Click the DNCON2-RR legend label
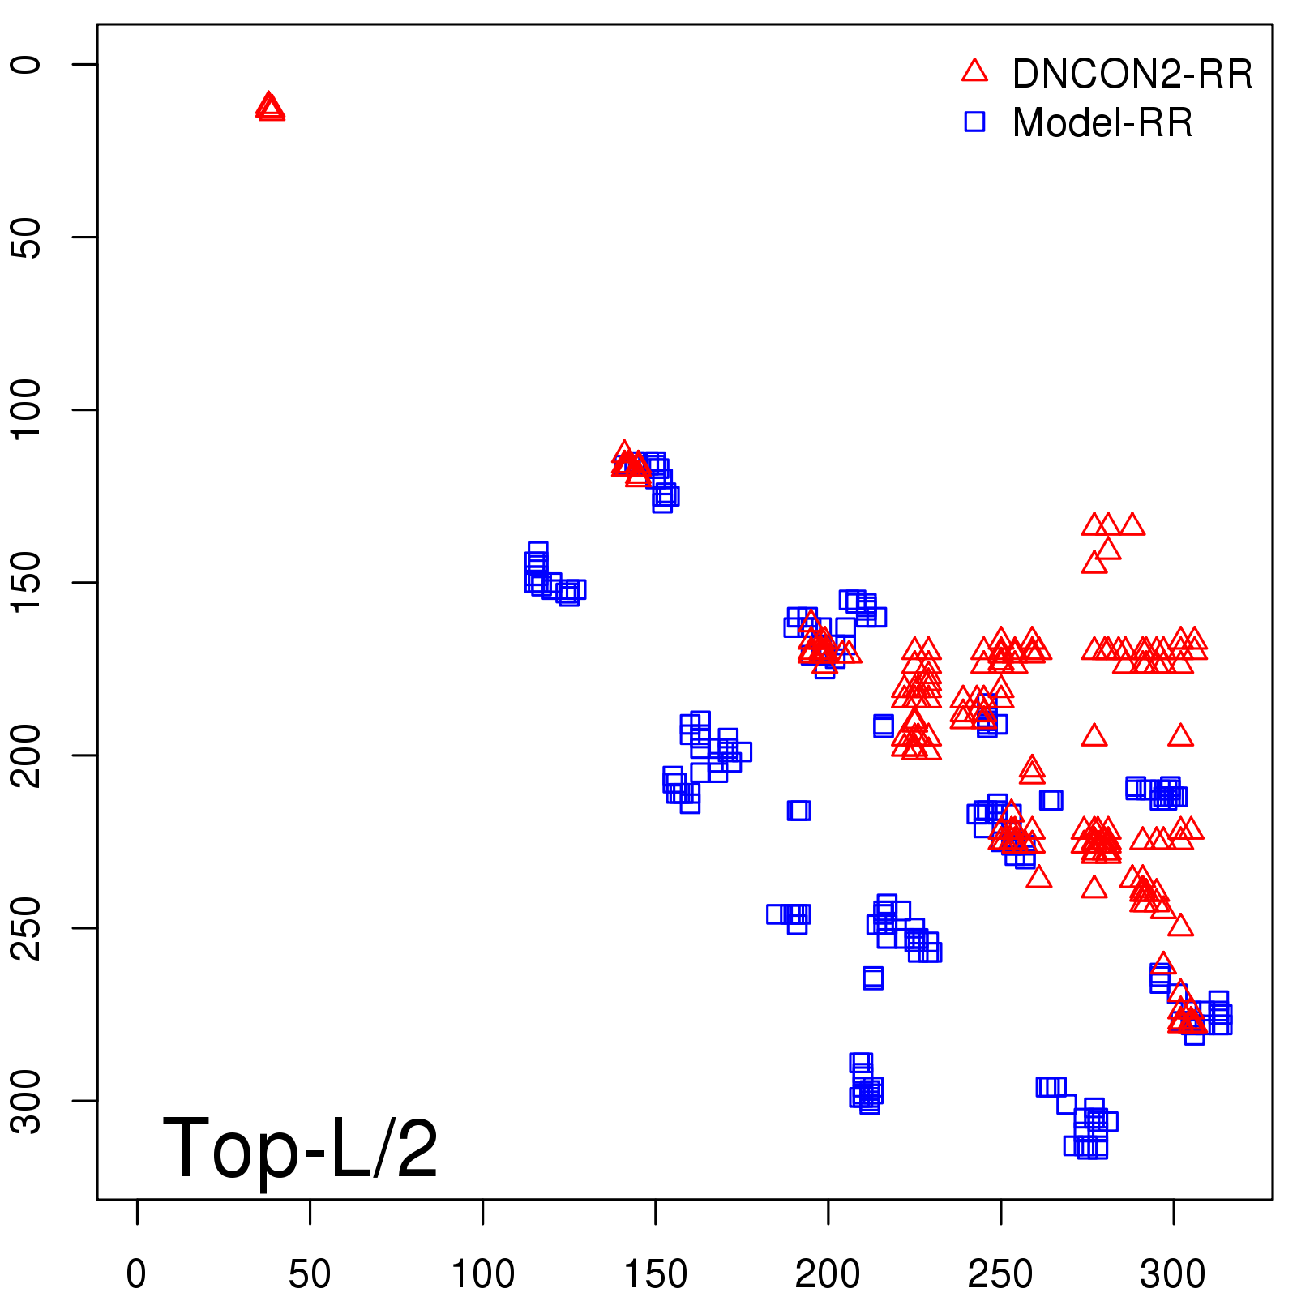(x=1132, y=75)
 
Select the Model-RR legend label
(x=1102, y=123)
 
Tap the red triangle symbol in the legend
(x=974, y=71)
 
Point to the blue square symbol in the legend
(x=974, y=122)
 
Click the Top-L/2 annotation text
(x=300, y=1148)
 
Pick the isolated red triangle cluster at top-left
(x=270, y=108)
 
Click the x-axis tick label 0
(x=137, y=1274)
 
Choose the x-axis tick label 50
(x=310, y=1274)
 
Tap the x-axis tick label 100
(x=482, y=1274)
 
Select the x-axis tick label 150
(x=655, y=1274)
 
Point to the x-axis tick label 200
(x=828, y=1274)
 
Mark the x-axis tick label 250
(x=1000, y=1274)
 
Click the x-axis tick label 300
(x=1173, y=1274)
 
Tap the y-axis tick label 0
(x=26, y=64)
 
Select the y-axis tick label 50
(x=26, y=237)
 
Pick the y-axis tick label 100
(x=26, y=409)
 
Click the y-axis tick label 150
(x=26, y=582)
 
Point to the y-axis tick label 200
(x=26, y=755)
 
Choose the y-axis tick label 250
(x=26, y=927)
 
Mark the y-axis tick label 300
(x=26, y=1100)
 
